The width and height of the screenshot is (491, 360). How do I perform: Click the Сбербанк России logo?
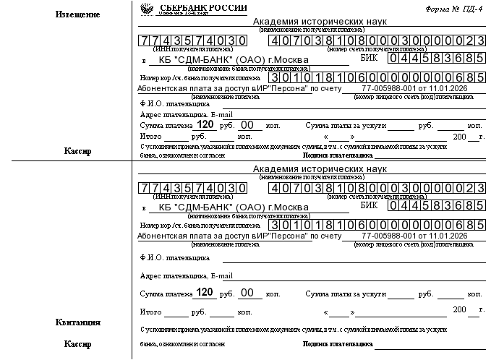(150, 8)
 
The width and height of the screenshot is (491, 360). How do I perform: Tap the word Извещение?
(78, 14)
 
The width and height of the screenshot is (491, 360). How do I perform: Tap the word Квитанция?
(78, 322)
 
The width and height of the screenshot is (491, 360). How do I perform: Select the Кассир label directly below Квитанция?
(78, 344)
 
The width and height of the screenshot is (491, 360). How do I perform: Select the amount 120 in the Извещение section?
(205, 125)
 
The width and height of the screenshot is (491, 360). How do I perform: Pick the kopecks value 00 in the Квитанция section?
(247, 293)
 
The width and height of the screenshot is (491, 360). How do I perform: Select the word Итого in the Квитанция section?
(150, 312)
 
